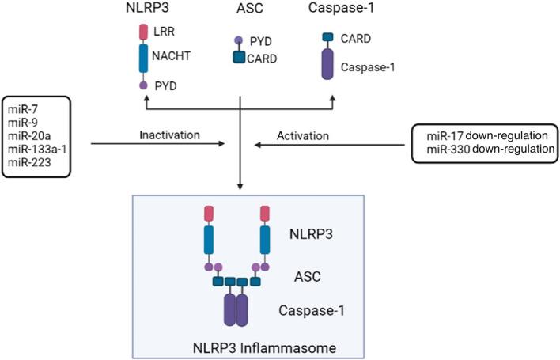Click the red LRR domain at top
(x=144, y=32)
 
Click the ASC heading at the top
(x=242, y=9)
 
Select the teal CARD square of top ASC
(x=237, y=58)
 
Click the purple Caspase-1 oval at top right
(x=327, y=65)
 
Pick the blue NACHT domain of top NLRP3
(x=144, y=59)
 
